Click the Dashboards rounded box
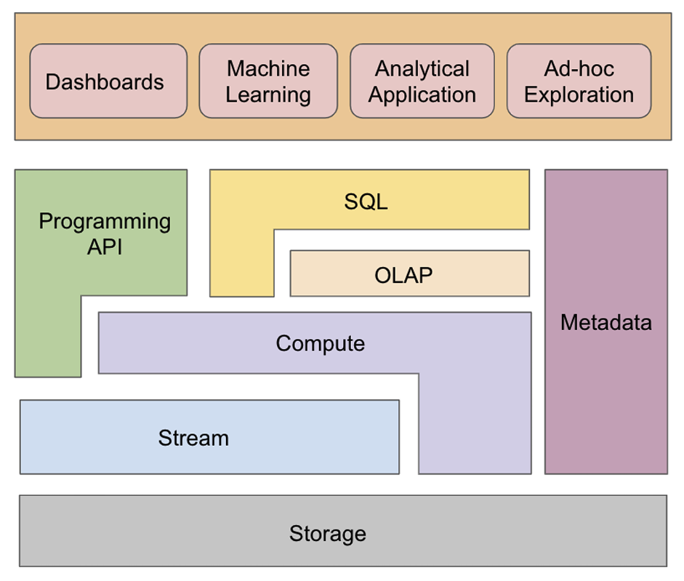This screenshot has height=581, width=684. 108,81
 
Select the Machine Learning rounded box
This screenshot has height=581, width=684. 268,81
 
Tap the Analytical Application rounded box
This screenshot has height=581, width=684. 422,81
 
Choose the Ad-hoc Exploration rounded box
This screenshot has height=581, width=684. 579,81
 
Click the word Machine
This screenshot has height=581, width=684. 268,68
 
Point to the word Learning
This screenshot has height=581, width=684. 268,95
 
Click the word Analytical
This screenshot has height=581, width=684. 422,69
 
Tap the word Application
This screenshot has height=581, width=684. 422,95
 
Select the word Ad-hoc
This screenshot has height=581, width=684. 579,68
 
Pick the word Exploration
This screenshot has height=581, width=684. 579,95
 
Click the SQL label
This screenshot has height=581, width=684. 366,201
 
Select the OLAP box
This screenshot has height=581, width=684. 410,273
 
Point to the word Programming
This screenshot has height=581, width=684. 105,222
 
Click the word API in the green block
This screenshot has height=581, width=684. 105,247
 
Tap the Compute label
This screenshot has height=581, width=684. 320,344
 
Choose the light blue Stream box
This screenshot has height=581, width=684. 209,437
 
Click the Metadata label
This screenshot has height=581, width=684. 606,323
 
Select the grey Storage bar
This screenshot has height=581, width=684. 343,531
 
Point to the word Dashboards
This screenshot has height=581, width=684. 105,82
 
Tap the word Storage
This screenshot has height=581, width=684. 328,534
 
